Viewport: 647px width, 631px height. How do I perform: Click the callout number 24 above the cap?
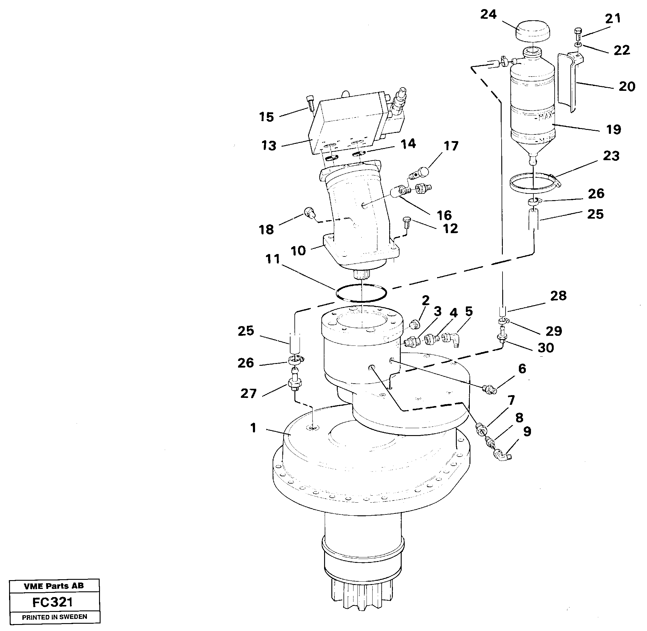(x=488, y=14)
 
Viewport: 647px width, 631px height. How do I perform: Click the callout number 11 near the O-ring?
(x=272, y=259)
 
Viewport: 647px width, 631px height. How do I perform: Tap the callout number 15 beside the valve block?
(x=267, y=117)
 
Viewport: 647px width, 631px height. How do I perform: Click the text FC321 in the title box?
(x=53, y=602)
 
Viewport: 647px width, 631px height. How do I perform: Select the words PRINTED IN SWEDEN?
(x=54, y=617)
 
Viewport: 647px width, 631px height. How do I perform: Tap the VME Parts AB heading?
(x=54, y=586)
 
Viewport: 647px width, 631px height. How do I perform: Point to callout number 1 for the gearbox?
(x=254, y=428)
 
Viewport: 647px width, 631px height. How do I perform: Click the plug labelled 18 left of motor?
(x=309, y=212)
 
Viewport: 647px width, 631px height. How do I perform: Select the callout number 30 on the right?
(x=546, y=348)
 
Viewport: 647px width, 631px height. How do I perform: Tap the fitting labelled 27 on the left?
(x=295, y=383)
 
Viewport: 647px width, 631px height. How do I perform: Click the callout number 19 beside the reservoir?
(x=613, y=129)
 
